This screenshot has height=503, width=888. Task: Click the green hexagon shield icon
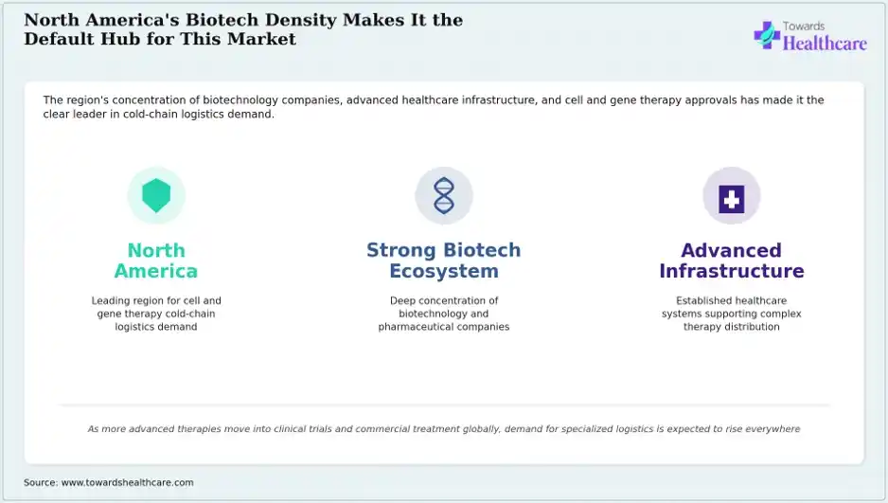click(156, 195)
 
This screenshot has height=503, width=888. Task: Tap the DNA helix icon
click(444, 195)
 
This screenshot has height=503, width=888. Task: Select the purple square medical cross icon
click(731, 199)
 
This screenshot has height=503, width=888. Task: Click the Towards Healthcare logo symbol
click(767, 35)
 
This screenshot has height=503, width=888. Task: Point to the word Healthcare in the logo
click(825, 43)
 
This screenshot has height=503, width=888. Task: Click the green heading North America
click(156, 260)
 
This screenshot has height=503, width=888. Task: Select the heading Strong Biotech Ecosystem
click(444, 260)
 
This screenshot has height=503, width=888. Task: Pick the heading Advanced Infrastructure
click(731, 260)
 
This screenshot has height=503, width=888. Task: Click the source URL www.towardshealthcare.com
click(128, 482)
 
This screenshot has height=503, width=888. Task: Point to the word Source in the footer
click(41, 482)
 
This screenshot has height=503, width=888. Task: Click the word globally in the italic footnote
click(481, 429)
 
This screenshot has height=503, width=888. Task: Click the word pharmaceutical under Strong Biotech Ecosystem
click(414, 327)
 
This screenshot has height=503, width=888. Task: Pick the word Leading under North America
click(111, 301)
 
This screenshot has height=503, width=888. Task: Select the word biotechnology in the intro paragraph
click(240, 100)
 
